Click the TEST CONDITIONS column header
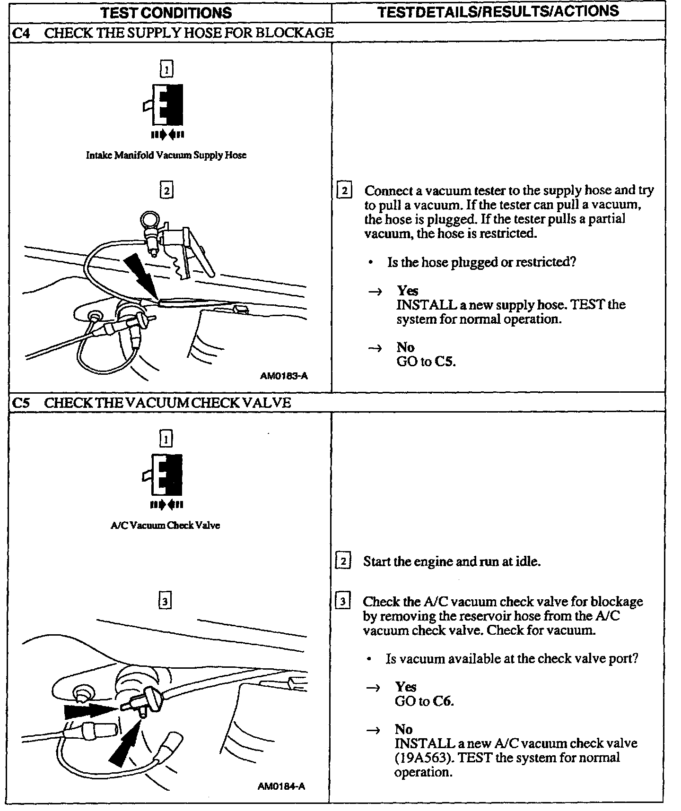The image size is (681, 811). click(x=166, y=12)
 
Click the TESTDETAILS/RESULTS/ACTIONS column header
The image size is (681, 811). click(x=498, y=11)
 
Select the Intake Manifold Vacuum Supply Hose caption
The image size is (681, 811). click(x=166, y=155)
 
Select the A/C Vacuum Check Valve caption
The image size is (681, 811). click(x=166, y=525)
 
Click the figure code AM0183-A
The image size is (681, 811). click(x=284, y=376)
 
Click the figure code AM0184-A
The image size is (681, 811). click(x=282, y=787)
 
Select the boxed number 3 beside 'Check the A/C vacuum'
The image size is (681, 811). click(x=342, y=602)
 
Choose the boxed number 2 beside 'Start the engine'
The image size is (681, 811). click(x=343, y=561)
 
